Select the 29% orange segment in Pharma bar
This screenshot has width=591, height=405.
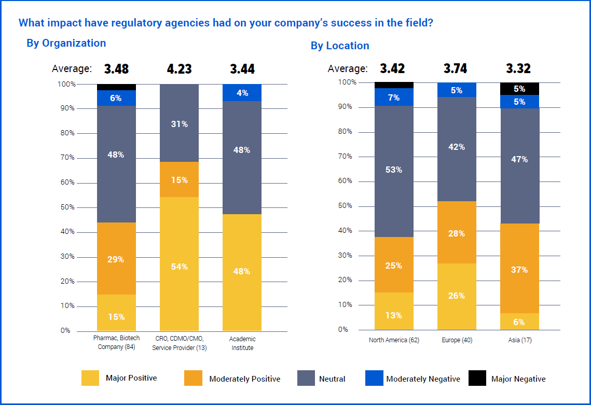click(x=116, y=258)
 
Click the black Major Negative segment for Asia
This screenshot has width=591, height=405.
click(x=519, y=89)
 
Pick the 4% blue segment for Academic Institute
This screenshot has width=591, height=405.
click(x=242, y=93)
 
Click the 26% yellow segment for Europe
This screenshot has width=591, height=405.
click(x=457, y=296)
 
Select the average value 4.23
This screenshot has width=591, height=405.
click(x=179, y=69)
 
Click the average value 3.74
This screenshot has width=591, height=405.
click(x=456, y=68)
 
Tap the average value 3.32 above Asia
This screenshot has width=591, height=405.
click(x=518, y=68)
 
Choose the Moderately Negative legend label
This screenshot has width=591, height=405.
click(x=423, y=379)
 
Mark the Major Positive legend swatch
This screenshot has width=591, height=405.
click(x=90, y=378)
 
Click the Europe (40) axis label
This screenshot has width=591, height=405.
click(x=457, y=341)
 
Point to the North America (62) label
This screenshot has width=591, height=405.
click(x=394, y=341)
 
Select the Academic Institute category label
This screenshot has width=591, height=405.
click(x=242, y=343)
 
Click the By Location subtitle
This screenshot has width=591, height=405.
click(x=340, y=46)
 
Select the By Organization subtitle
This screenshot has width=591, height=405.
click(x=66, y=43)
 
